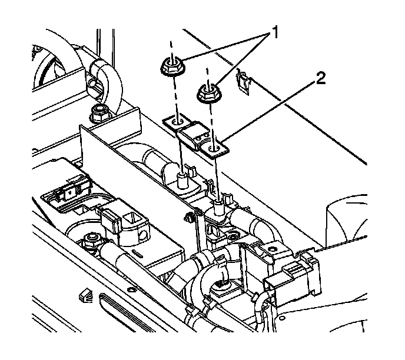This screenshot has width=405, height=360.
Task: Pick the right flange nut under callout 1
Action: (x=206, y=92)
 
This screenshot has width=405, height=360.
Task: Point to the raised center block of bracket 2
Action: (x=193, y=133)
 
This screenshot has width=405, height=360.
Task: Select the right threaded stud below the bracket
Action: (x=219, y=206)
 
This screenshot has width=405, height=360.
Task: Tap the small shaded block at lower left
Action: (x=86, y=295)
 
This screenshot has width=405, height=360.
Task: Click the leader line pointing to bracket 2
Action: (x=271, y=109)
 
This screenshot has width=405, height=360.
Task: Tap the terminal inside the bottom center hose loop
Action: (x=222, y=285)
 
